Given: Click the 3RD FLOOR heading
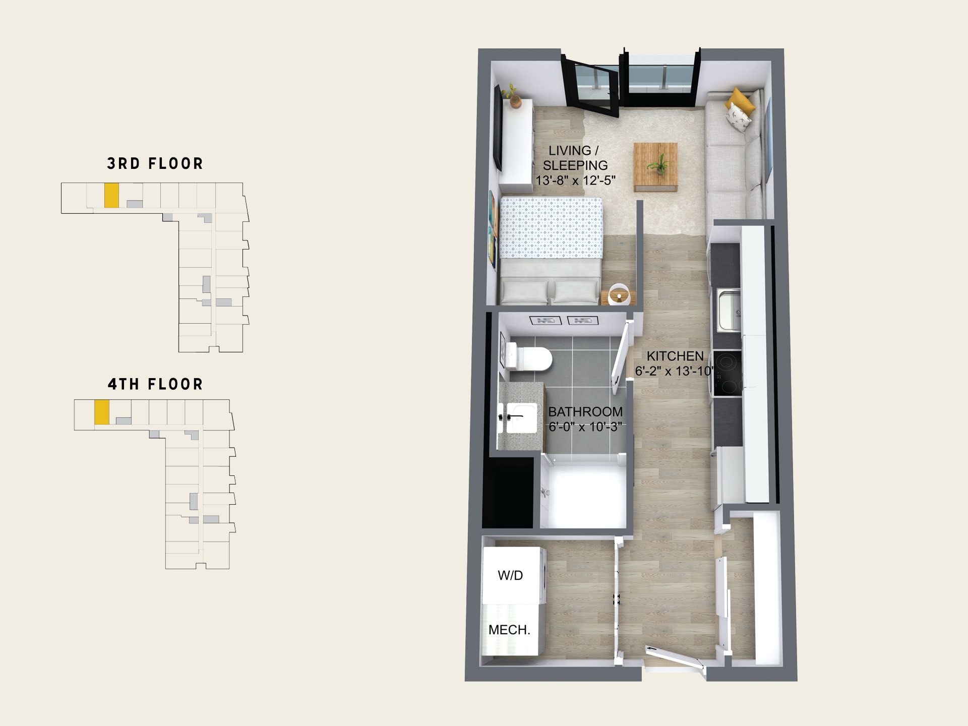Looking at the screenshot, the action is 155,164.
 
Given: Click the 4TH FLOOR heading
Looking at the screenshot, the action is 155,384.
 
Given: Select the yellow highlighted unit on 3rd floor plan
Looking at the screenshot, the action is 111,195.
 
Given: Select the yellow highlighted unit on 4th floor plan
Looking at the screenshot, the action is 102,412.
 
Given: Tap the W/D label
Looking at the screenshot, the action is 510,576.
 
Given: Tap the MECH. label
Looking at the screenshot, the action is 509,630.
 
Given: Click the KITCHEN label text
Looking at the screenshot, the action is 675,356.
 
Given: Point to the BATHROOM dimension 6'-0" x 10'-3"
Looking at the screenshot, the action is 585,427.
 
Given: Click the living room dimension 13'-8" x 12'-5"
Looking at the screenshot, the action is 575,180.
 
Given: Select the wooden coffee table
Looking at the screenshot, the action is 655,167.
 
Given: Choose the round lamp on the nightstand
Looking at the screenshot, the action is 619,294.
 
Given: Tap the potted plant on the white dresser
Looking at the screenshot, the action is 513,96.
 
